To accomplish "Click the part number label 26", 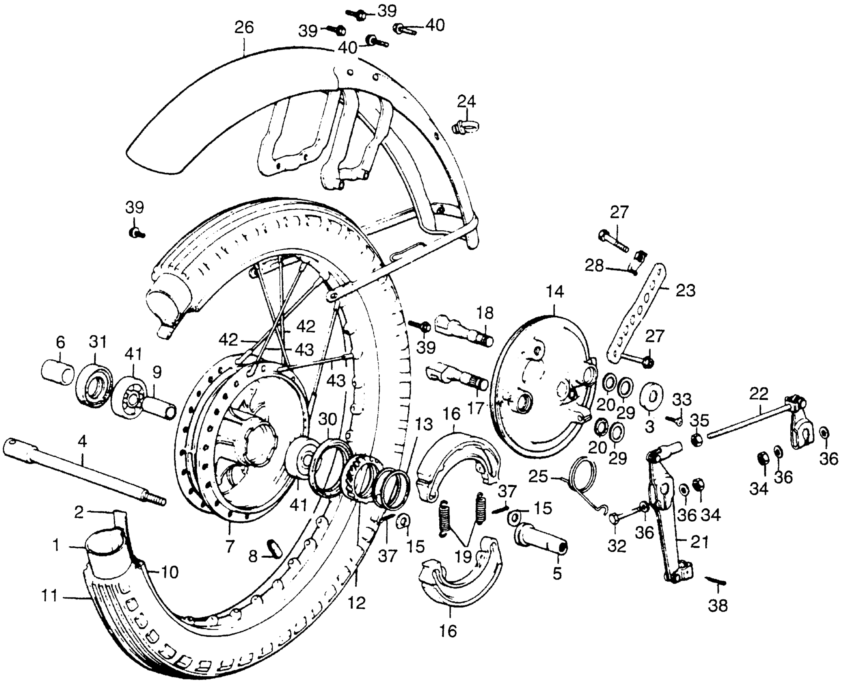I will (244, 28).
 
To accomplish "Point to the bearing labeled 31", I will (94, 386).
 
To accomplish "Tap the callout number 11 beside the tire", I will (49, 596).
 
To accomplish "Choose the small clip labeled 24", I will (466, 126).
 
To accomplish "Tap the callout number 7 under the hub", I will (229, 546).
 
